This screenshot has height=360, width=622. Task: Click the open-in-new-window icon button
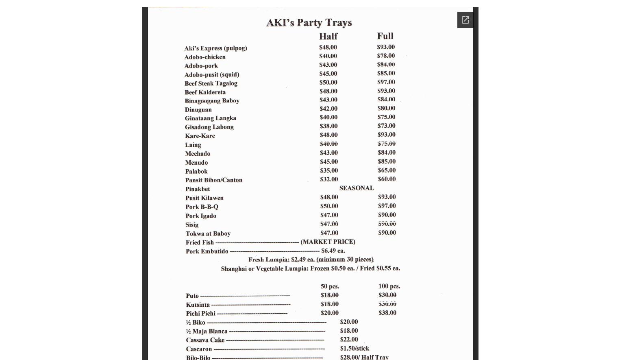pos(465,20)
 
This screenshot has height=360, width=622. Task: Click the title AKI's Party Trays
pos(309,23)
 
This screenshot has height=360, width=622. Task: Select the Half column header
pos(328,36)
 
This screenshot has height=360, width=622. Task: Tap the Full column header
pos(385,36)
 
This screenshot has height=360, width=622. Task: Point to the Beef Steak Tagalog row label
pos(211,83)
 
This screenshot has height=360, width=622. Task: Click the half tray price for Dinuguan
pos(328,109)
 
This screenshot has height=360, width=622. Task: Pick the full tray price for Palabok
pos(387,170)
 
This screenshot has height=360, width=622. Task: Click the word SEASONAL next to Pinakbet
pos(357,188)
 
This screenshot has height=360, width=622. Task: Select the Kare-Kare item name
pos(200,136)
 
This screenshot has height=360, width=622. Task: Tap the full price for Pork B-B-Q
pos(387,206)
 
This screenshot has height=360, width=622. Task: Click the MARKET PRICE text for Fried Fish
pos(328,242)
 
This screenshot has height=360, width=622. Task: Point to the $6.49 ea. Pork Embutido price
pos(333,251)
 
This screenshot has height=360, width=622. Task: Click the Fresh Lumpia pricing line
pos(311,260)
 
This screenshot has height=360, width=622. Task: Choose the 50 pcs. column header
pos(330,286)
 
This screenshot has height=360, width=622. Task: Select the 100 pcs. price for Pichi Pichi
pos(387,313)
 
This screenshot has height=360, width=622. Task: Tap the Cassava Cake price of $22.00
pos(349,340)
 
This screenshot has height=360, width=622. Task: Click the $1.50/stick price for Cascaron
pos(354,349)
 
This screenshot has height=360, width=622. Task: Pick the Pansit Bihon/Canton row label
pos(214,180)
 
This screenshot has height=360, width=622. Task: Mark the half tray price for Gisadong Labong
pos(328,126)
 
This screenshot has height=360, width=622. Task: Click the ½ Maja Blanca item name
pos(207,331)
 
